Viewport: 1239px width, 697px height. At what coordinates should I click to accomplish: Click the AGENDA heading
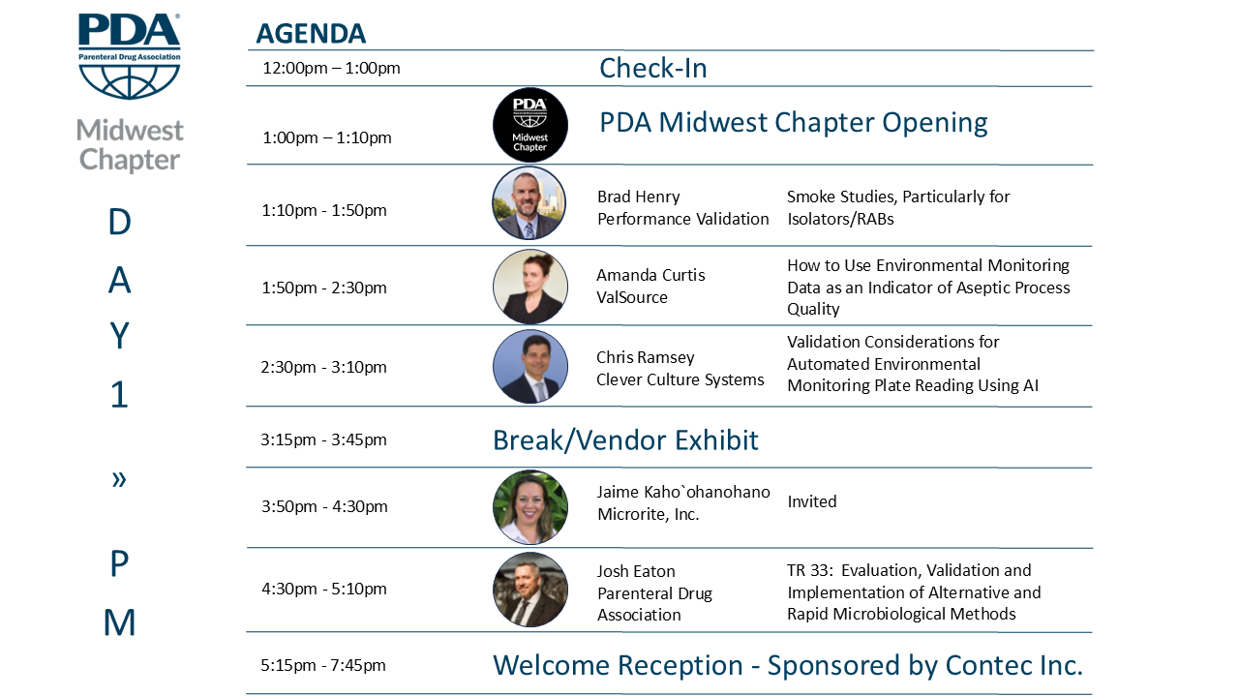[311, 34]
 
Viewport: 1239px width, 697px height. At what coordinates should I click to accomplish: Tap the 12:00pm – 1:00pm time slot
[331, 68]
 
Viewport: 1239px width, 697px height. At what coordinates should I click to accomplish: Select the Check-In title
[653, 68]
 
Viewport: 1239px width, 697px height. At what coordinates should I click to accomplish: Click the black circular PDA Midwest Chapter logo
[529, 125]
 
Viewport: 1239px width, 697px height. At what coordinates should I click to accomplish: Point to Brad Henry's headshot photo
[529, 203]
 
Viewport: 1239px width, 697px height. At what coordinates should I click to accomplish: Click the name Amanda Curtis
[650, 275]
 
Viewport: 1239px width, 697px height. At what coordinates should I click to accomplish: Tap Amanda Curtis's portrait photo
[529, 287]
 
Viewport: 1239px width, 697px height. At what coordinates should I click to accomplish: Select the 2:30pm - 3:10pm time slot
[323, 367]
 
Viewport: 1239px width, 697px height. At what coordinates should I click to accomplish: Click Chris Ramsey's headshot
[529, 366]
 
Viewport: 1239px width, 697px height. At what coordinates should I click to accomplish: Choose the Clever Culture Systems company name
[680, 379]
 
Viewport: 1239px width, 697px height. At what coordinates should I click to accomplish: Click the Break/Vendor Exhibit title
[625, 440]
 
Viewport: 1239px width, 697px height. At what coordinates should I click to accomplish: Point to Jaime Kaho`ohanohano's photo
[529, 507]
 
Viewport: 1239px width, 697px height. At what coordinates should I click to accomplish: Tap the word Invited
[811, 501]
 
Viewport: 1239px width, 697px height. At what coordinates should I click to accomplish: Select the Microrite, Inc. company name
[649, 514]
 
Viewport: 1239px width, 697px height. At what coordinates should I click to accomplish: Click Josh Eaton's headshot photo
[529, 590]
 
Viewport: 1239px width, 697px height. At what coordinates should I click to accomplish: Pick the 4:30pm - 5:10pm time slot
[324, 589]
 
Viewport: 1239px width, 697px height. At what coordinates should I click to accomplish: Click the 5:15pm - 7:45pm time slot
[323, 665]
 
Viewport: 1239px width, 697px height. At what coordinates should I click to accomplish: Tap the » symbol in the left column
[119, 479]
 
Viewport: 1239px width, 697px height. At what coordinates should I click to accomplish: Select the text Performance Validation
[683, 219]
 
